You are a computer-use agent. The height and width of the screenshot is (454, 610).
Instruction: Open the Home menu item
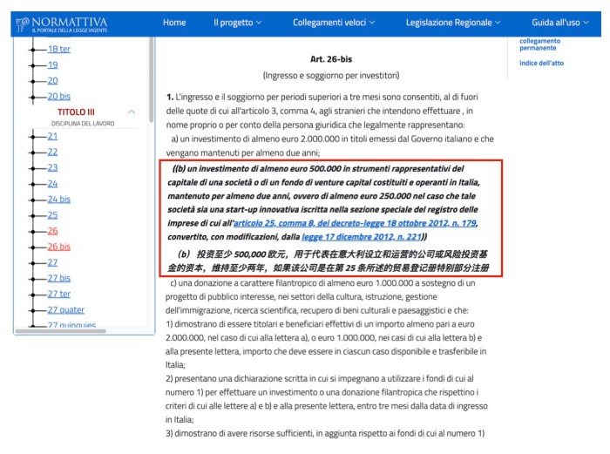pyautogui.click(x=174, y=22)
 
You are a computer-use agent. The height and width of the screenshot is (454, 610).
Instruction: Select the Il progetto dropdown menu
pyautogui.click(x=237, y=22)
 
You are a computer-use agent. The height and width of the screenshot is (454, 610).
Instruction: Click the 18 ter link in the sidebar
pyautogui.click(x=59, y=49)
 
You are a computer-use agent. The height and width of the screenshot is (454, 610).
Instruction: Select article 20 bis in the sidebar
pyautogui.click(x=58, y=96)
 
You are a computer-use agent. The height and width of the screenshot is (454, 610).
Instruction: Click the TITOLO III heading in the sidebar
pyautogui.click(x=77, y=112)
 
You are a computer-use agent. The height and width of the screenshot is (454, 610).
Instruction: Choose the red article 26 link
pyautogui.click(x=52, y=231)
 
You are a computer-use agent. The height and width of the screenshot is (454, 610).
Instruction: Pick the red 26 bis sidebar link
pyautogui.click(x=58, y=247)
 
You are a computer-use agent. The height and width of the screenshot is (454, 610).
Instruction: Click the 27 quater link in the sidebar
pyautogui.click(x=65, y=309)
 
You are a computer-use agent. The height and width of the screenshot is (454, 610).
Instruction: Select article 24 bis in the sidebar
pyautogui.click(x=58, y=199)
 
